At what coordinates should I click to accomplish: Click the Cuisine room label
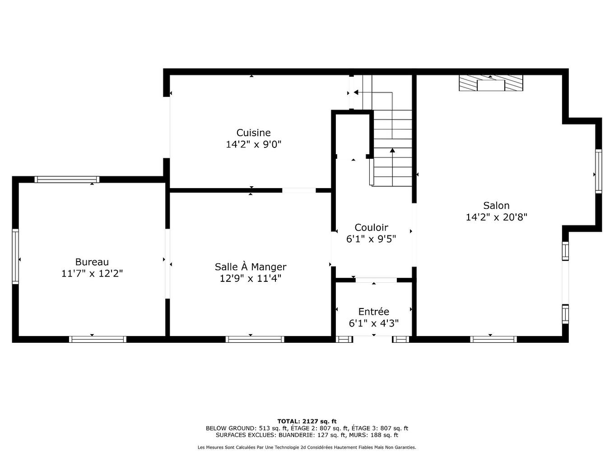point(253,133)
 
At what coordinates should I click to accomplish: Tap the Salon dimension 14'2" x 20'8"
point(496,217)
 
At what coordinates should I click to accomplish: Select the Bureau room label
point(92,262)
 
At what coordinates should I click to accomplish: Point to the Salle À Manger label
point(250,267)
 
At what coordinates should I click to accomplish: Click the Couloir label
point(371,228)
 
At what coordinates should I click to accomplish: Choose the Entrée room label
point(373,312)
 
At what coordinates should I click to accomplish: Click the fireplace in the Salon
point(491,83)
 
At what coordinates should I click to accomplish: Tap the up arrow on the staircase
point(392,151)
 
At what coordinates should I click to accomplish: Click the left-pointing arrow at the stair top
point(356,92)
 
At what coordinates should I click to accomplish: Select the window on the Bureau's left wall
point(15,256)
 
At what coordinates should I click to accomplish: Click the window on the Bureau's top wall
point(67,179)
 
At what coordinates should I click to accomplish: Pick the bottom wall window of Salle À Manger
point(255,339)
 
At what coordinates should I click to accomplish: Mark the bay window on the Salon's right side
point(598,171)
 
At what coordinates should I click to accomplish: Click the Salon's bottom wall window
point(493,339)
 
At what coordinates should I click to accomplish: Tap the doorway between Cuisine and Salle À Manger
point(298,190)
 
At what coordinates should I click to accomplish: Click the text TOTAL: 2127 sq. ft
point(307,421)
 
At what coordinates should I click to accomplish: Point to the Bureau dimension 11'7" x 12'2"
point(92,274)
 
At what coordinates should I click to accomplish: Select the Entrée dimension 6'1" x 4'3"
point(373,323)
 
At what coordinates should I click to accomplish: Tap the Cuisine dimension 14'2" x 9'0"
point(253,144)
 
